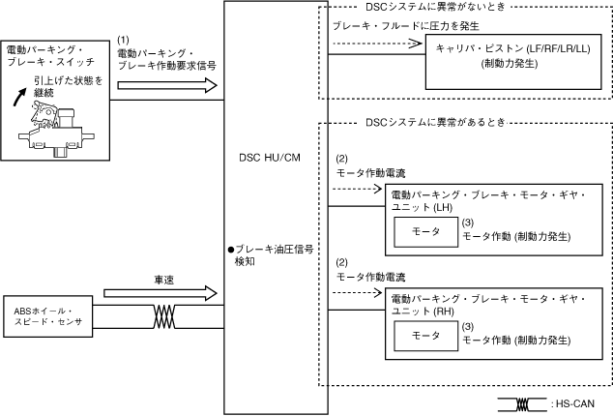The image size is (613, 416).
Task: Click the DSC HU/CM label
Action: click(270, 158)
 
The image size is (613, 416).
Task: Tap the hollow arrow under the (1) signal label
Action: click(167, 85)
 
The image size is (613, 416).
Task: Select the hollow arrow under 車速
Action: click(161, 293)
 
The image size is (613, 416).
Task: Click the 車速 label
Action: click(164, 280)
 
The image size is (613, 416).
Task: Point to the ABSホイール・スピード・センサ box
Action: click(48, 316)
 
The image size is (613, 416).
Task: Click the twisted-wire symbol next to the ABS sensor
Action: click(164, 316)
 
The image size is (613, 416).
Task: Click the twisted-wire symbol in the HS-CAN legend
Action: click(522, 404)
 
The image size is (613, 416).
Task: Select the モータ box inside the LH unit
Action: click(425, 232)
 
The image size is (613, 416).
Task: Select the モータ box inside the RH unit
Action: click(425, 336)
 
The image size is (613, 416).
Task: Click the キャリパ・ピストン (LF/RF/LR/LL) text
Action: click(512, 49)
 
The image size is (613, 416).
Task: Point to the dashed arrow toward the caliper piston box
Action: click(377, 43)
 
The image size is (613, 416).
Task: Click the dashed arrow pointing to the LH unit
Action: click(357, 189)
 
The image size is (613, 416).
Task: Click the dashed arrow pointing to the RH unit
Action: click(357, 293)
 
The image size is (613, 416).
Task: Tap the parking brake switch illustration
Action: click(56, 129)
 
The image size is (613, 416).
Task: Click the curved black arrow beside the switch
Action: click(19, 97)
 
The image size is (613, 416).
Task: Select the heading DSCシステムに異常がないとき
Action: click(435, 7)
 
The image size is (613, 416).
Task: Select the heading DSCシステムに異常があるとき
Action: click(435, 123)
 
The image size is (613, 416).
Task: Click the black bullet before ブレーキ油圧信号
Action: click(231, 250)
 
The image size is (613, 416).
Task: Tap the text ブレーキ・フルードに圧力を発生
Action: click(405, 26)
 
